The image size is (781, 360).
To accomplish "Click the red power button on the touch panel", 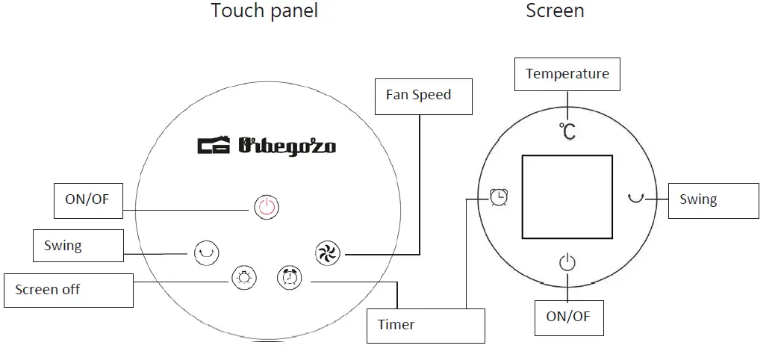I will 267,207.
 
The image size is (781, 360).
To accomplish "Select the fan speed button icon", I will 327,253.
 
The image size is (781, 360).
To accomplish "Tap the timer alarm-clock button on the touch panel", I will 289,278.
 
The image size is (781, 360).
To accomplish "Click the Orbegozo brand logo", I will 267,144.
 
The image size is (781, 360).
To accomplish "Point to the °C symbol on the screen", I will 567,131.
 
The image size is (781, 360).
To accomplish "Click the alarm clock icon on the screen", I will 499,197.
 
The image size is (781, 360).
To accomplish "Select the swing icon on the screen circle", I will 636,198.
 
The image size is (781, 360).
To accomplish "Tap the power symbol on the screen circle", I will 567,262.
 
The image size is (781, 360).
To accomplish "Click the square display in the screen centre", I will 567,197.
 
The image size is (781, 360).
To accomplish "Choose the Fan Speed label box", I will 423,96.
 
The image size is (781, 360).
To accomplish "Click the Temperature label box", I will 567,74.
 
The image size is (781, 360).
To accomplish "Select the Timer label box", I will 426,326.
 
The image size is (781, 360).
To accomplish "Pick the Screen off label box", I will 69,290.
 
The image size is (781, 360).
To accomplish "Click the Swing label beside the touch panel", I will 78,246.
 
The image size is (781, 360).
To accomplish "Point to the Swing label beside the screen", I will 713,200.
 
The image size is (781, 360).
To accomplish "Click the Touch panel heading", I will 264,11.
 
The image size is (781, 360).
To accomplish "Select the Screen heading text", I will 555,11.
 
